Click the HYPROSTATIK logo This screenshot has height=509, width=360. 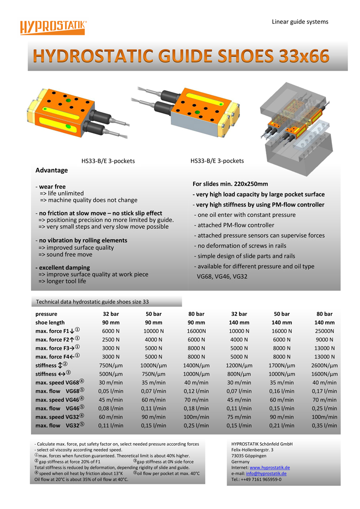53,27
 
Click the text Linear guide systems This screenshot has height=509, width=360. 300,22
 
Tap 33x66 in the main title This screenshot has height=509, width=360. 303,57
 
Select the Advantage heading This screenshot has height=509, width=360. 52,170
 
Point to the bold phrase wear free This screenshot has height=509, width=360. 52,186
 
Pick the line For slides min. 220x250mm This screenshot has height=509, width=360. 230,184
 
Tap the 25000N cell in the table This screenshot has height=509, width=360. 324,331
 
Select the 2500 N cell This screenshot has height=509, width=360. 110,340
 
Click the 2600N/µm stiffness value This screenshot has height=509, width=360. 324,365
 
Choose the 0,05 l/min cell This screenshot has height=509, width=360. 110,391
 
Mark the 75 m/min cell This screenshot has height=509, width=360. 239,417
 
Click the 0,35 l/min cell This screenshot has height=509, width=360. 324,425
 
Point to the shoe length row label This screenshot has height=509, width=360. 50,323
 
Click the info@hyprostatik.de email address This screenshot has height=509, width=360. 266,473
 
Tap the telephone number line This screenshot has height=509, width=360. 256,479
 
